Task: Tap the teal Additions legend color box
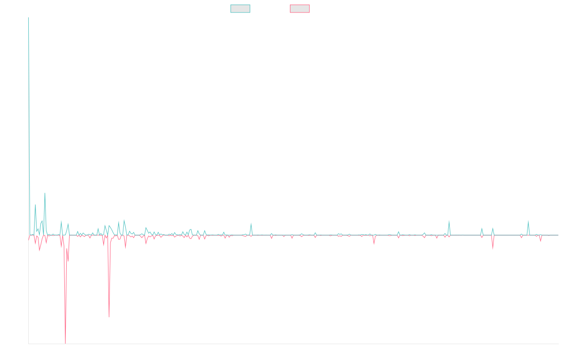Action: pos(240,9)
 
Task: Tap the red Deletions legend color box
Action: pos(300,9)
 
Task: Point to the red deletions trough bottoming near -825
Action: pos(109,317)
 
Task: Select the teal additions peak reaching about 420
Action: pos(45,193)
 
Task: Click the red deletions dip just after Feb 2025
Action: pos(493,249)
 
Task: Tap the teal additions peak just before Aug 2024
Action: pos(449,221)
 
